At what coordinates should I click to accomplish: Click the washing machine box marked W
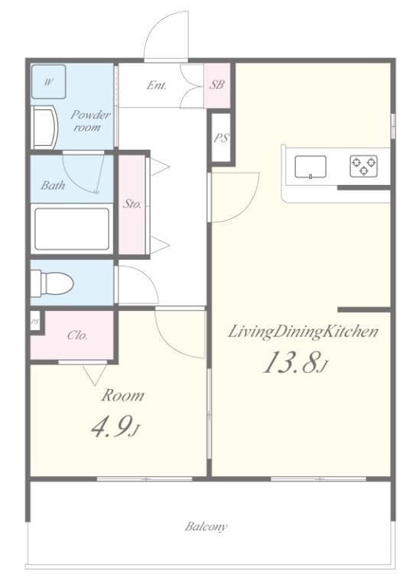pos(48,82)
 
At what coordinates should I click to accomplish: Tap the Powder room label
pos(90,121)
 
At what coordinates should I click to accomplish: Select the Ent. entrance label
pos(157,85)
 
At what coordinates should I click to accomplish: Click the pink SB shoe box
pos(217,85)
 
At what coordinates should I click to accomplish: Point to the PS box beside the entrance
pos(220,138)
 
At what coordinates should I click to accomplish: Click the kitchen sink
pos(310,166)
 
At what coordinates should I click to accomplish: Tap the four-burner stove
pos(363,165)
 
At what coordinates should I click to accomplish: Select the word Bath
pos(53,185)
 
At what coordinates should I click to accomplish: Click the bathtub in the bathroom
pos(72,229)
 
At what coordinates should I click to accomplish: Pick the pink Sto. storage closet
pos(132,204)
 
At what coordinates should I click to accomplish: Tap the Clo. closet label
pos(76,335)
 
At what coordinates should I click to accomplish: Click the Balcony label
pos(206,527)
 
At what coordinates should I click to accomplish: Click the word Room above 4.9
pos(123,396)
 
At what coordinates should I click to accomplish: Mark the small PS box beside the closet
pos(34,322)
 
